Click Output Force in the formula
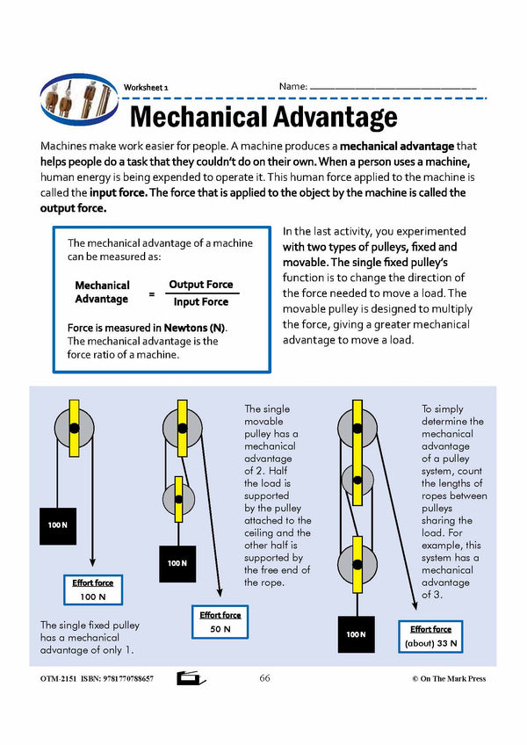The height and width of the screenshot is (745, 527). point(201,285)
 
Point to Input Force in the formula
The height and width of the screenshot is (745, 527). point(200,302)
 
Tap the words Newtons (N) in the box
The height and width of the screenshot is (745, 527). point(188,327)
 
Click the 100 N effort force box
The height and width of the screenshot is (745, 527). point(92,589)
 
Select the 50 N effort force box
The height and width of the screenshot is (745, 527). point(220,622)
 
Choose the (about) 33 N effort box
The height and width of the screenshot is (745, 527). point(430,636)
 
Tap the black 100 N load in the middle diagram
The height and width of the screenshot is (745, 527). point(177,563)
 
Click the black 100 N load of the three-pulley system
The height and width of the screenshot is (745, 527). point(355,633)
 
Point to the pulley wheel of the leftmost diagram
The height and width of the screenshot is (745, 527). point(74,428)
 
